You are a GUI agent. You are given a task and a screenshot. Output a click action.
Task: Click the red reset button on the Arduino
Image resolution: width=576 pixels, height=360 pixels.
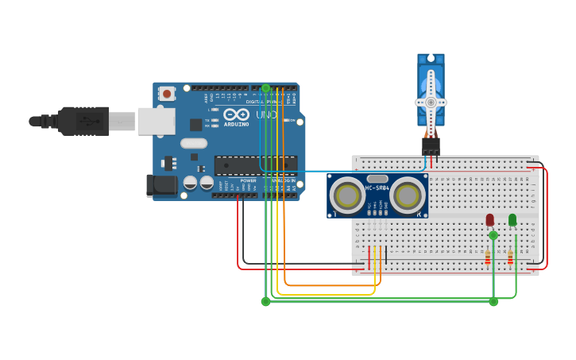[x=167, y=94]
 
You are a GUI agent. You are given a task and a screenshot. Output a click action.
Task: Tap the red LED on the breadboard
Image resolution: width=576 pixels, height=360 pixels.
[x=489, y=219]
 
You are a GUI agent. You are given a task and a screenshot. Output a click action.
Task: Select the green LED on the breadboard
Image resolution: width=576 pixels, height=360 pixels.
[x=512, y=219]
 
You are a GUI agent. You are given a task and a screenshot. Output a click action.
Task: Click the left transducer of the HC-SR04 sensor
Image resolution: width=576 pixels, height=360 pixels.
[x=347, y=195]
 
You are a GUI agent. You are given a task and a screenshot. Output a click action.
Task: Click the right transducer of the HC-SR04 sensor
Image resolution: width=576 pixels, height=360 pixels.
[x=408, y=195]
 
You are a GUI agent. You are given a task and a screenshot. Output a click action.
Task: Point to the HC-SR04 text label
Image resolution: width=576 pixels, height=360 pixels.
[x=377, y=188]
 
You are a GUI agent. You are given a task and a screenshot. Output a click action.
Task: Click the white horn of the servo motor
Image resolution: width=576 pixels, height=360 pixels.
[x=431, y=102]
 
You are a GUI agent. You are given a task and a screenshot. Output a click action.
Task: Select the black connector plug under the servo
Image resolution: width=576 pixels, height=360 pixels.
[x=431, y=145]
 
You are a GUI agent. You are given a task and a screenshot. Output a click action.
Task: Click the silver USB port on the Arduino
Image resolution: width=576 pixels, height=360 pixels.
[x=156, y=121]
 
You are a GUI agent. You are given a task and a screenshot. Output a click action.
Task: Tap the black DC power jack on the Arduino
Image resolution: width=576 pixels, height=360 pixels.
[x=162, y=185]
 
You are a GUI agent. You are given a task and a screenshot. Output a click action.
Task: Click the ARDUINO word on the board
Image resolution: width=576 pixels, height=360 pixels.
[x=236, y=124]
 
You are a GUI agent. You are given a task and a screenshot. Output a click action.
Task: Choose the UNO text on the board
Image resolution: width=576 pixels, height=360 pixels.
[x=266, y=115]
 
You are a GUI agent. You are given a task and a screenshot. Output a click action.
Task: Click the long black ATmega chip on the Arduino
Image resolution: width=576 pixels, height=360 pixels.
[x=255, y=164]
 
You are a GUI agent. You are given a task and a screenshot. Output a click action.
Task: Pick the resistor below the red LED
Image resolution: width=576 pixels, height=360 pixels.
[x=487, y=257]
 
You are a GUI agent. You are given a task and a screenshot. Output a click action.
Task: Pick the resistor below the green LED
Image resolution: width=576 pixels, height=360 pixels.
[x=510, y=257]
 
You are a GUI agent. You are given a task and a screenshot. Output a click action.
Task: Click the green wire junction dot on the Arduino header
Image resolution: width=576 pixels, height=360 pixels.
[x=266, y=88]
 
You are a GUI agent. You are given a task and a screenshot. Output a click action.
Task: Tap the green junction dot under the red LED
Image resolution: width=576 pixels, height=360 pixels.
[x=493, y=235]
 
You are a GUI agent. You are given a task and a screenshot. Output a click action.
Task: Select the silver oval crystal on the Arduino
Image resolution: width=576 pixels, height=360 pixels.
[x=193, y=143]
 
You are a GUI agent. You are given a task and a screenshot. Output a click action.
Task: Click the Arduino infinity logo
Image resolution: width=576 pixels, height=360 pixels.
[x=236, y=114]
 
